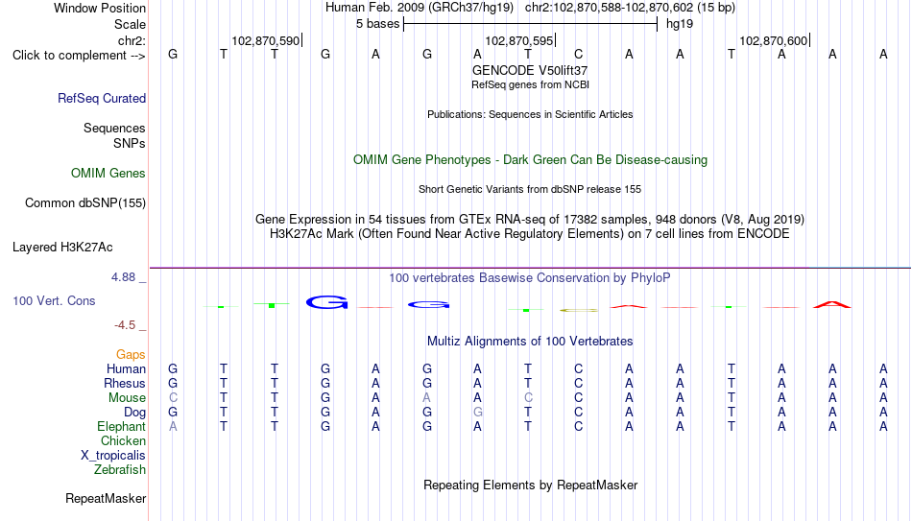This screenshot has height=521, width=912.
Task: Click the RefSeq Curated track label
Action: pyautogui.click(x=102, y=98)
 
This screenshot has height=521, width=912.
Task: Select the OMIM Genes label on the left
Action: pyautogui.click(x=108, y=174)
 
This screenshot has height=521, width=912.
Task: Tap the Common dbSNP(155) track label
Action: pyautogui.click(x=85, y=203)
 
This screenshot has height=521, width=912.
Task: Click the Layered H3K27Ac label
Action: pyautogui.click(x=62, y=248)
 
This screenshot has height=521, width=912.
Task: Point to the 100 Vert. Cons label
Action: pyautogui.click(x=54, y=300)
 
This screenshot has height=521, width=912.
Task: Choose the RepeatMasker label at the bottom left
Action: pyautogui.click(x=106, y=498)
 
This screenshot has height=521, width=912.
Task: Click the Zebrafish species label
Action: pyautogui.click(x=120, y=470)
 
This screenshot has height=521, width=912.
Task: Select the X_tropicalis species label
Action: pyautogui.click(x=113, y=456)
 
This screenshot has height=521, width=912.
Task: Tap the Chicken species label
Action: pyautogui.click(x=123, y=440)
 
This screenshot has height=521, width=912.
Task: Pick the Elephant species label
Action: pyautogui.click(x=122, y=426)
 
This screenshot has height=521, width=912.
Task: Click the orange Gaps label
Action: pyautogui.click(x=131, y=355)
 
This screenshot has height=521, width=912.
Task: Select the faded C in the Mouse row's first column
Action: pyautogui.click(x=173, y=398)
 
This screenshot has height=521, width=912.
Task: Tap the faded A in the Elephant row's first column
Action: pyautogui.click(x=173, y=426)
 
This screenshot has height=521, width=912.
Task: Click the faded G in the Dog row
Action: pyautogui.click(x=477, y=412)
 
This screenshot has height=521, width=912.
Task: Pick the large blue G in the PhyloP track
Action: pyautogui.click(x=326, y=302)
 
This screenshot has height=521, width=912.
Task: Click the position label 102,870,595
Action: pyautogui.click(x=519, y=40)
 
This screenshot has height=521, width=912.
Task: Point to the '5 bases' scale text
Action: pyautogui.click(x=378, y=24)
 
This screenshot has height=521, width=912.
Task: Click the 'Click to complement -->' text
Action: pyautogui.click(x=79, y=56)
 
